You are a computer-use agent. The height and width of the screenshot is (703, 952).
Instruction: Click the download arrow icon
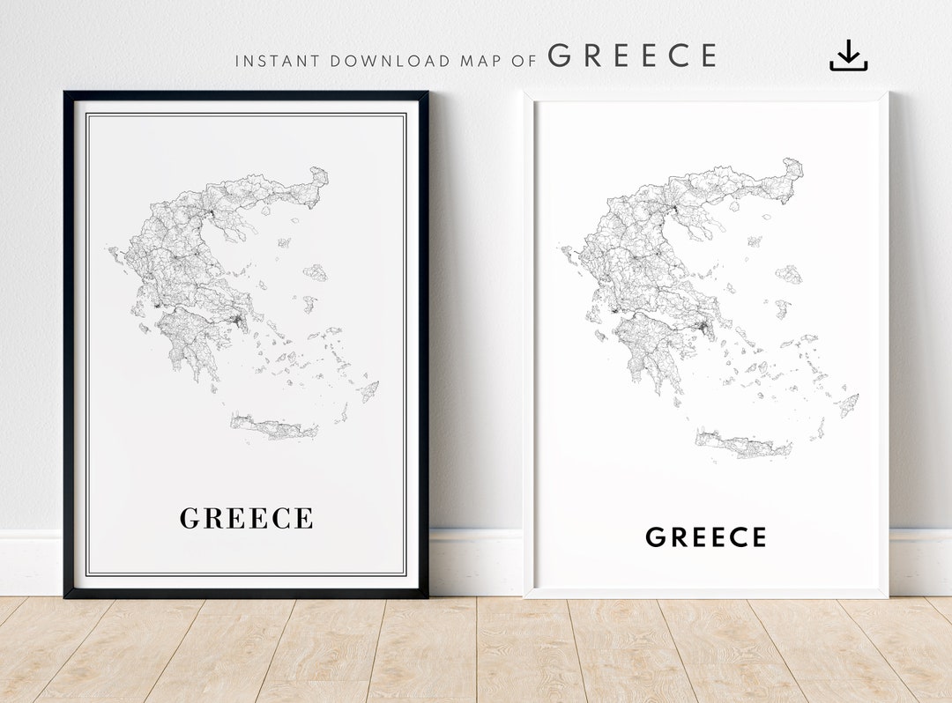(x=848, y=55)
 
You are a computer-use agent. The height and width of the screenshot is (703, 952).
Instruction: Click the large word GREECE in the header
(x=632, y=56)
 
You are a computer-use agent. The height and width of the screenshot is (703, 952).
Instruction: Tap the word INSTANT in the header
(x=278, y=62)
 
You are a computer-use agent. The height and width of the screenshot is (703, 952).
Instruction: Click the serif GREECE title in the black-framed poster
(x=246, y=518)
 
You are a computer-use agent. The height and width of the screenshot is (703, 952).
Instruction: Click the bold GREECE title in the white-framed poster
(x=705, y=536)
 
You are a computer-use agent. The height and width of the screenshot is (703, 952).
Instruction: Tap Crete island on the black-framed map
(x=274, y=428)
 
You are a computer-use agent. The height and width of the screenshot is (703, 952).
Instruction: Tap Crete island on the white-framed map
(x=743, y=445)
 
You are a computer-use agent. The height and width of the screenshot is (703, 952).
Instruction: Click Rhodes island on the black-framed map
(x=369, y=390)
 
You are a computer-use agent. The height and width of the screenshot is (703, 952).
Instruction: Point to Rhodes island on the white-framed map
(x=849, y=404)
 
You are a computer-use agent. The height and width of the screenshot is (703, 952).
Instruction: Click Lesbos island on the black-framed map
(x=316, y=272)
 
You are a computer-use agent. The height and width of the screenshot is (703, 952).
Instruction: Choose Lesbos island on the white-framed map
(x=789, y=274)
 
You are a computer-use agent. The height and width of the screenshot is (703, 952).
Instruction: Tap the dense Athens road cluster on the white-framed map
(x=704, y=329)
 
